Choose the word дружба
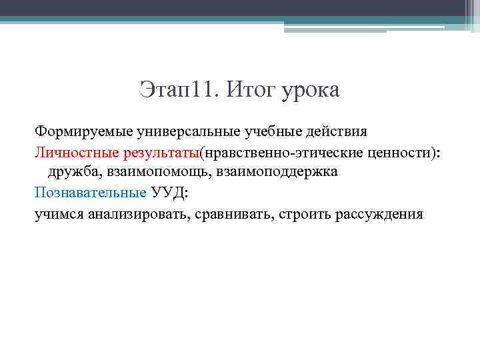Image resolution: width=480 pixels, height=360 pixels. coord(73,171)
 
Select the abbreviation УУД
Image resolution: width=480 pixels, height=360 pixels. coord(168,193)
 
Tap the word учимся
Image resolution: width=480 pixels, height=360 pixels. coord(59,214)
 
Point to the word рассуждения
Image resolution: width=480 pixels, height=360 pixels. coord(379,214)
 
